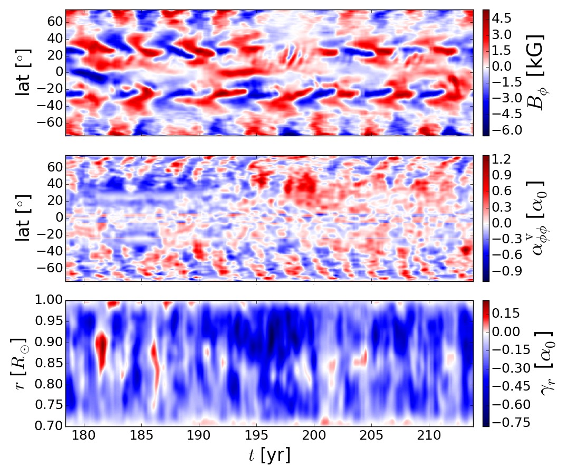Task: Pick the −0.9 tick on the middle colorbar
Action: coord(503,272)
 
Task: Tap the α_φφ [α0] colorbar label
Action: coord(535,218)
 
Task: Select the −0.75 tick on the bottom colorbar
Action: coord(505,422)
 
